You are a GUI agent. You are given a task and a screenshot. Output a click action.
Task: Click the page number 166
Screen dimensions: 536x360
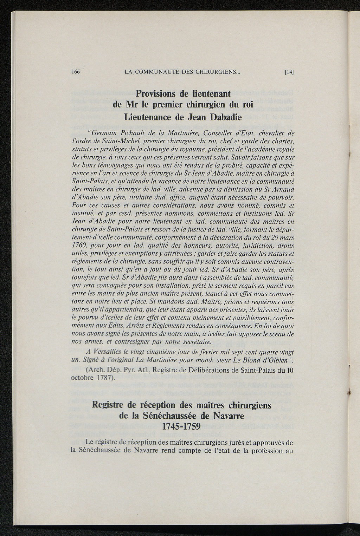pos(76,72)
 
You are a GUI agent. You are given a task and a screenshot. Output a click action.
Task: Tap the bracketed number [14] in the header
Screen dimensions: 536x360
pos(289,72)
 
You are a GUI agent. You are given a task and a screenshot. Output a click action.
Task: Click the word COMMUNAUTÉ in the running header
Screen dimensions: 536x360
pos(155,72)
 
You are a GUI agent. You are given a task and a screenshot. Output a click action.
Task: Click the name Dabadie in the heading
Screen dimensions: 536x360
pos(226,117)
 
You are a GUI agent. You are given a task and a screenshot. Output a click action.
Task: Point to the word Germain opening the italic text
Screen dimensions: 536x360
pos(105,133)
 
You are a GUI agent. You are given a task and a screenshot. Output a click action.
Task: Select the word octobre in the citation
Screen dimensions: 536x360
pos(83,378)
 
